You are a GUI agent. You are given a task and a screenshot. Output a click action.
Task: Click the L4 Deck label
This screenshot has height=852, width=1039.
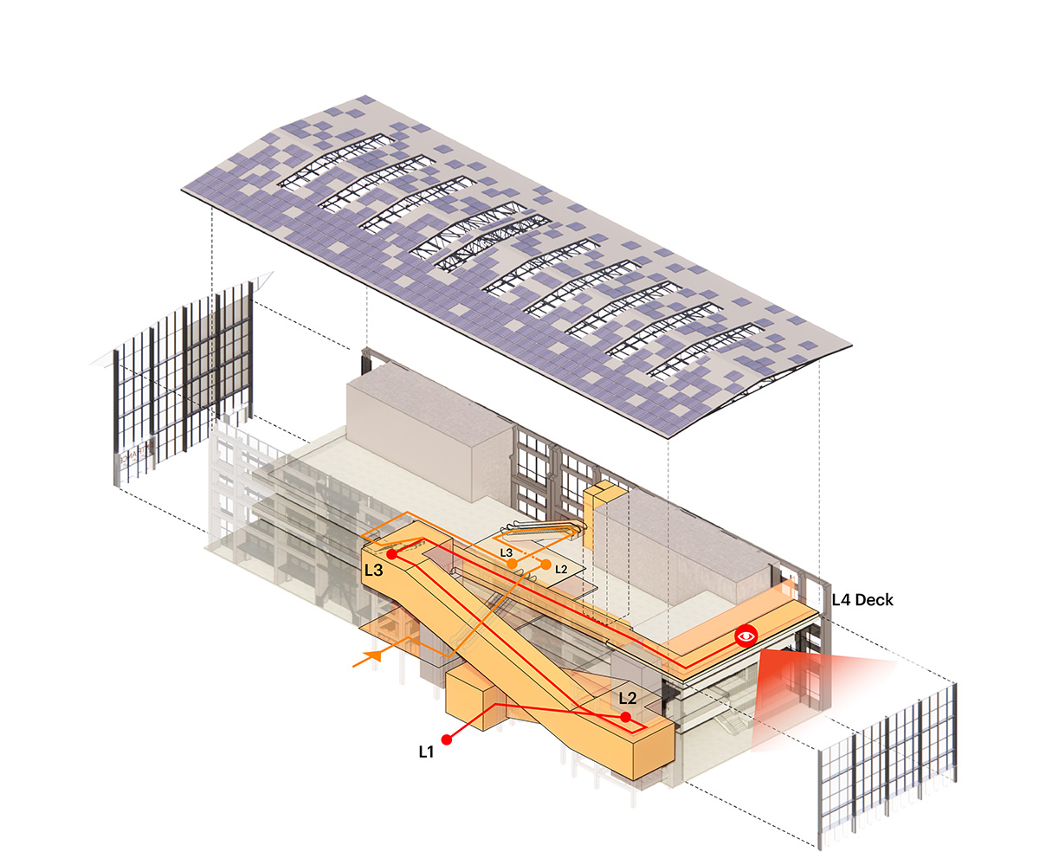862,600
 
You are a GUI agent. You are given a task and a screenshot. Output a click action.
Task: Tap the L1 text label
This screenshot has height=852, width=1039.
426,752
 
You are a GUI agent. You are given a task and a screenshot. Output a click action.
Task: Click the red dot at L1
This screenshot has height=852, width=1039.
447,739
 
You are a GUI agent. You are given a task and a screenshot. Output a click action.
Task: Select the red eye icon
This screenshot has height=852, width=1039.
746,636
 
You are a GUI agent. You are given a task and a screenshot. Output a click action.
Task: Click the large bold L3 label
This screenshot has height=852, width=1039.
373,571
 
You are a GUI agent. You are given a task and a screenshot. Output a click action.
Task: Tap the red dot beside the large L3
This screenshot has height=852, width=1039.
391,554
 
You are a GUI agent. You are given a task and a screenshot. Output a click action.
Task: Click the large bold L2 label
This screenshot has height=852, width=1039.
628,698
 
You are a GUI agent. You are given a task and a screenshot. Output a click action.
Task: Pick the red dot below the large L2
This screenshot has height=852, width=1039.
625,717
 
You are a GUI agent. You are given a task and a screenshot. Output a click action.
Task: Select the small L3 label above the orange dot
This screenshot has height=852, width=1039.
507,553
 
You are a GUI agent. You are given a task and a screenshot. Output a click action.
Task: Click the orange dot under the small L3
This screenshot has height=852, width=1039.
513,564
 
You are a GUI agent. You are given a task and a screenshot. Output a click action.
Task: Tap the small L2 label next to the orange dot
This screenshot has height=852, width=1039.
561,570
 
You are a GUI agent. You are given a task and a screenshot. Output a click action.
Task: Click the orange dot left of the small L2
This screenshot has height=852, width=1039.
545,565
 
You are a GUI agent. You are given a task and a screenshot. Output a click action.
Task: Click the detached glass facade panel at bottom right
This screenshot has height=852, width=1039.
887,761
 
